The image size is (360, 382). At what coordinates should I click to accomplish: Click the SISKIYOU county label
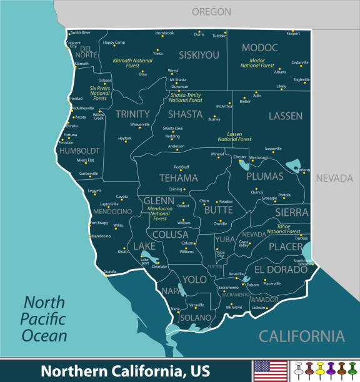point(199,55)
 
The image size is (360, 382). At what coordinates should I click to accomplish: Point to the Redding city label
point(172,136)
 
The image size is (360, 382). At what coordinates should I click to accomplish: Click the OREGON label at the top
point(211,12)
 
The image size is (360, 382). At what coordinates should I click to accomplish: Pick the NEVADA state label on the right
point(334,179)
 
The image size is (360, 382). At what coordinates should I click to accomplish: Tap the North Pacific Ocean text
point(44,319)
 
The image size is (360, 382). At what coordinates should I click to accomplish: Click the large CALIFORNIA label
point(301,336)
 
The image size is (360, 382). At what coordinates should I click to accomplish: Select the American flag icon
point(270,370)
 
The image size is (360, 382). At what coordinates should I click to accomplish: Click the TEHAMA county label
point(161,178)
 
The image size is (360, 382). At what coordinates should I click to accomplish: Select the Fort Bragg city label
point(99,223)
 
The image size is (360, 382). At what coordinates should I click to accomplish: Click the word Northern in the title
point(70,370)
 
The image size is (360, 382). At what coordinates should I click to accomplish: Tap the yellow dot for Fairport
point(292,31)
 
